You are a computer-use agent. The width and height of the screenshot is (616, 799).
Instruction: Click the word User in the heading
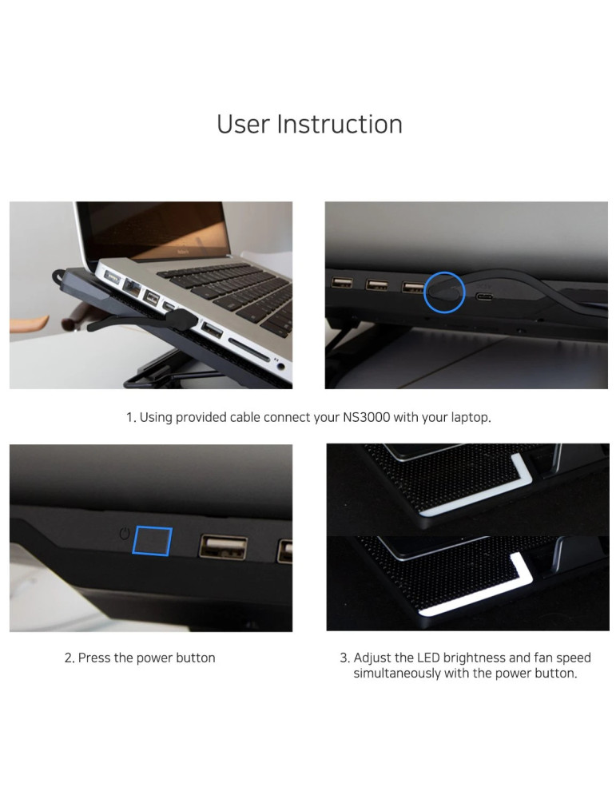pyautogui.click(x=243, y=125)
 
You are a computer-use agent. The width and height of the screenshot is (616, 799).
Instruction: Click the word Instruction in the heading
pyautogui.click(x=340, y=125)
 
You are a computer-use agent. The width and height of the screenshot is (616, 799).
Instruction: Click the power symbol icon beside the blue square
pyautogui.click(x=125, y=534)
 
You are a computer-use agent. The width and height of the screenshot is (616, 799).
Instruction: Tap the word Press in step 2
pyautogui.click(x=94, y=658)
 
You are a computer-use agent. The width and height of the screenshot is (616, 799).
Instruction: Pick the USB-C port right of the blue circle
pyautogui.click(x=484, y=296)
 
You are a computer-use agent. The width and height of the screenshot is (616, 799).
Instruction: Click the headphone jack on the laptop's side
pyautogui.click(x=280, y=365)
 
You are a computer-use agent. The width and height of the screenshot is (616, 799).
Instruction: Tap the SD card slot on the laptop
pyautogui.click(x=248, y=348)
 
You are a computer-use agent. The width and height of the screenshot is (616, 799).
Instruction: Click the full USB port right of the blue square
pyautogui.click(x=223, y=547)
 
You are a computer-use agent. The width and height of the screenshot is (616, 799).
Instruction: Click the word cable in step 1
pyautogui.click(x=245, y=417)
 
